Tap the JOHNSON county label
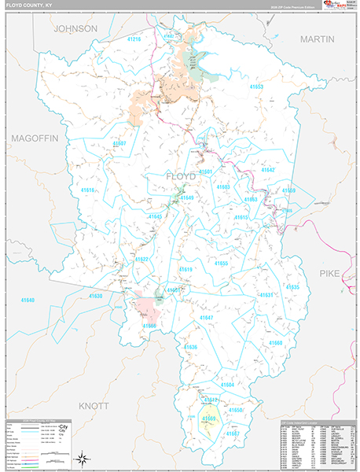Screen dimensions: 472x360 pos(75,28)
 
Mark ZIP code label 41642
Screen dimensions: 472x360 pos(268,170)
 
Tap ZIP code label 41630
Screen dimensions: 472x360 pos(96,296)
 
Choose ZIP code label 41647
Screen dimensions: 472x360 pos(206,317)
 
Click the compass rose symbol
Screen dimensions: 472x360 pos(81,457)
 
